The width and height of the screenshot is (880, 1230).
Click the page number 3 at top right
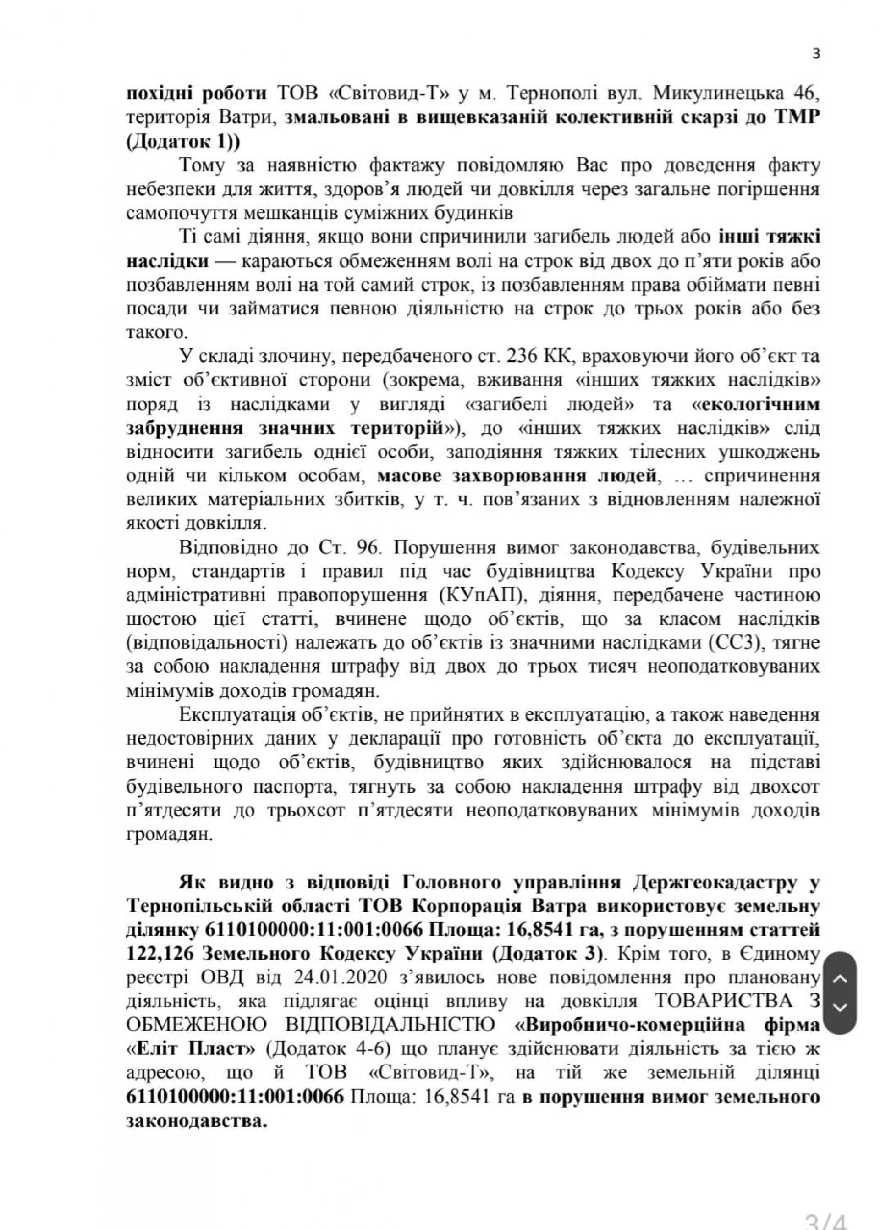point(817,54)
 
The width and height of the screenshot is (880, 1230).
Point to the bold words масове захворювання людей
point(517,476)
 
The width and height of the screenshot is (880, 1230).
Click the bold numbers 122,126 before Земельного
point(160,955)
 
